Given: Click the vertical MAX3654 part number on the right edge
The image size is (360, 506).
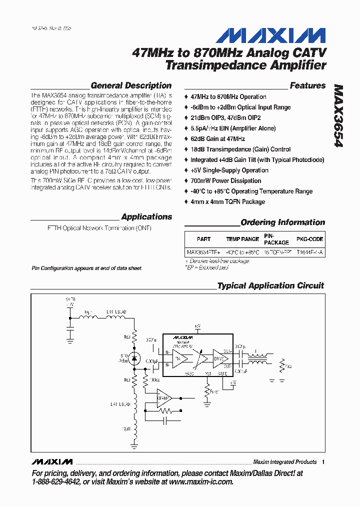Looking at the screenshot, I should (x=338, y=115).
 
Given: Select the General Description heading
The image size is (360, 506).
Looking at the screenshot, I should (x=131, y=85).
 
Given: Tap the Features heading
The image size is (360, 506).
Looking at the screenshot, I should (x=307, y=85).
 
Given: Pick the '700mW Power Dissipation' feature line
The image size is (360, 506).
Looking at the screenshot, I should (x=225, y=181).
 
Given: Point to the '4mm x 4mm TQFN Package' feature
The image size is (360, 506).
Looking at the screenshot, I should (x=227, y=202).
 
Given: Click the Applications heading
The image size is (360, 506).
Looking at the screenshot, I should (x=146, y=217).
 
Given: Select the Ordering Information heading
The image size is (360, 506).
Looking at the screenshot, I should (x=282, y=222).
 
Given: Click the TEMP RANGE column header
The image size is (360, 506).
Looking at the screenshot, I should (x=242, y=239).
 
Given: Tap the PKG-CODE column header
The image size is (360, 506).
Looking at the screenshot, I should (x=310, y=239).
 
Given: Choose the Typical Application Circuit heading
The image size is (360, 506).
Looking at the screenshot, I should (x=270, y=286).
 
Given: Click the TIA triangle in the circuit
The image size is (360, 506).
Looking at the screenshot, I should (x=180, y=358).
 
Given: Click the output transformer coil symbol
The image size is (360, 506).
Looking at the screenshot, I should (x=258, y=359).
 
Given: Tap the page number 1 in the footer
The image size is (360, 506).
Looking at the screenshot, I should (x=323, y=462).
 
